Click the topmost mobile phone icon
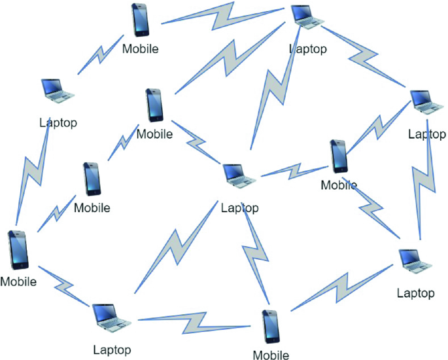tap(140, 20)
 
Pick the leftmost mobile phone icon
tap(18, 249)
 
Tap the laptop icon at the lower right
tap(415, 261)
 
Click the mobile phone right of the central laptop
tap(339, 156)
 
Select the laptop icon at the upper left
tap(56, 91)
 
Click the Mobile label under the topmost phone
tap(141, 48)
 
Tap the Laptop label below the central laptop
tap(240, 209)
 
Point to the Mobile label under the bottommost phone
tap(271, 355)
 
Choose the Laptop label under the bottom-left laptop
tap(112, 350)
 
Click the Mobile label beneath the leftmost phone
tap(18, 282)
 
